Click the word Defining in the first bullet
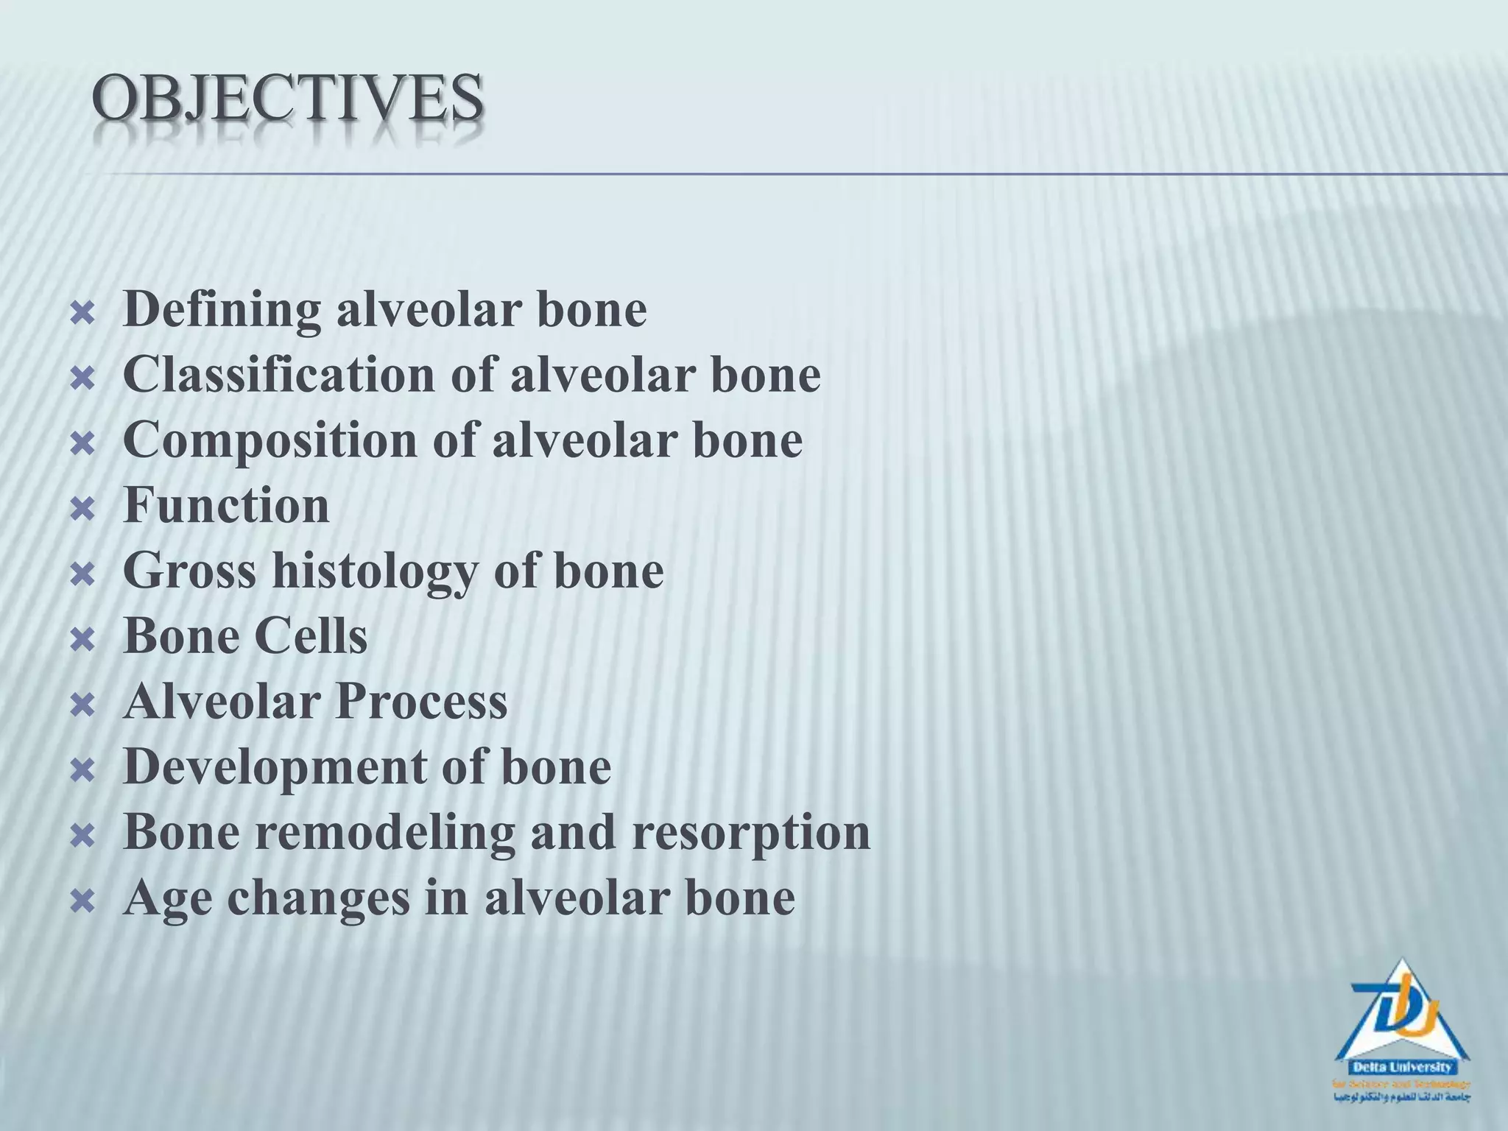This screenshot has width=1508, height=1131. (222, 310)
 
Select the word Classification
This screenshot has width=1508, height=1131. (279, 375)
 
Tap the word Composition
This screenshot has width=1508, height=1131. (269, 440)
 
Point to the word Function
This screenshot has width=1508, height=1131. (227, 505)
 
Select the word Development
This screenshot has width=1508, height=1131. (274, 767)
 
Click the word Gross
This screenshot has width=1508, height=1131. (190, 571)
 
